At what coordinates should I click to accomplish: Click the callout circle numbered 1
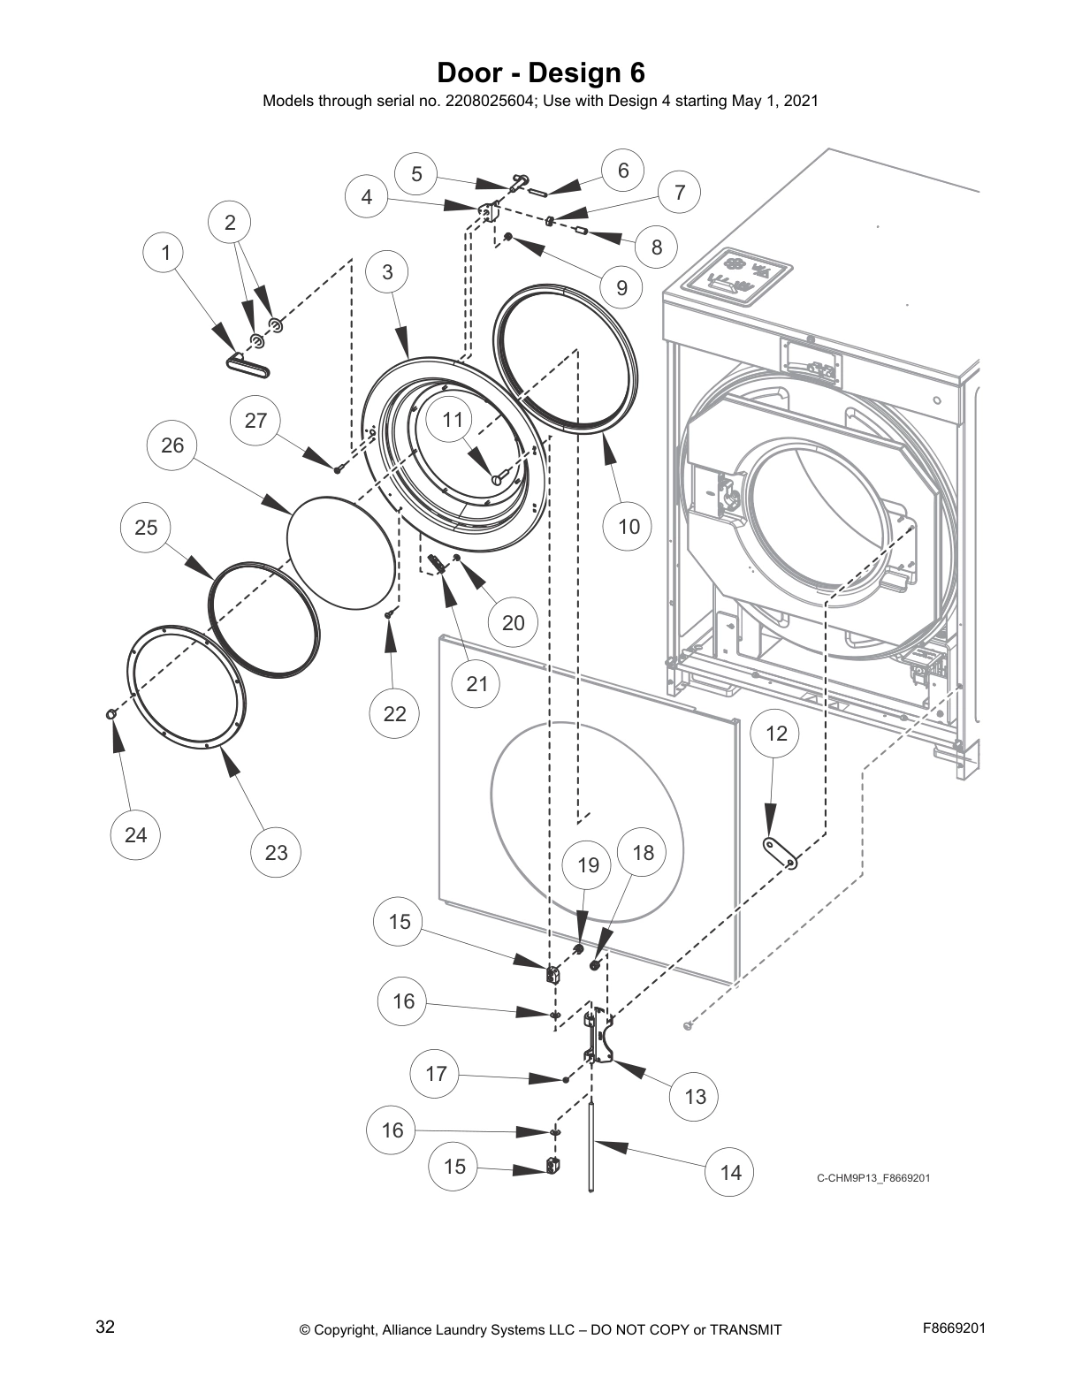[x=165, y=253]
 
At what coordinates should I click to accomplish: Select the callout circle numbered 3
[x=387, y=272]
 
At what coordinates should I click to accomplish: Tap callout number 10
[x=628, y=527]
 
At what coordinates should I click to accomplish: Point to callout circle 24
[x=135, y=835]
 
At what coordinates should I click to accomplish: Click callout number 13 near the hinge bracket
[x=695, y=1097]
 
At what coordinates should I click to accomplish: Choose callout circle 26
[x=172, y=445]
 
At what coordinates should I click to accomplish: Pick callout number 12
[x=775, y=734]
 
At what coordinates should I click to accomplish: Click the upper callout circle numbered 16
[x=402, y=1001]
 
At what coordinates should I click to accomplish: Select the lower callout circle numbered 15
[x=453, y=1167]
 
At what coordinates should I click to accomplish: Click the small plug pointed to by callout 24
[x=110, y=713]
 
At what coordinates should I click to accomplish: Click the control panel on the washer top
[x=738, y=277]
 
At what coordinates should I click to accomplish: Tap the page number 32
[x=104, y=1327]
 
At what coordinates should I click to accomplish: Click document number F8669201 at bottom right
[x=954, y=1328]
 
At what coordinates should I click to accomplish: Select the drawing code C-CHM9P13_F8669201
[x=872, y=1178]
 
